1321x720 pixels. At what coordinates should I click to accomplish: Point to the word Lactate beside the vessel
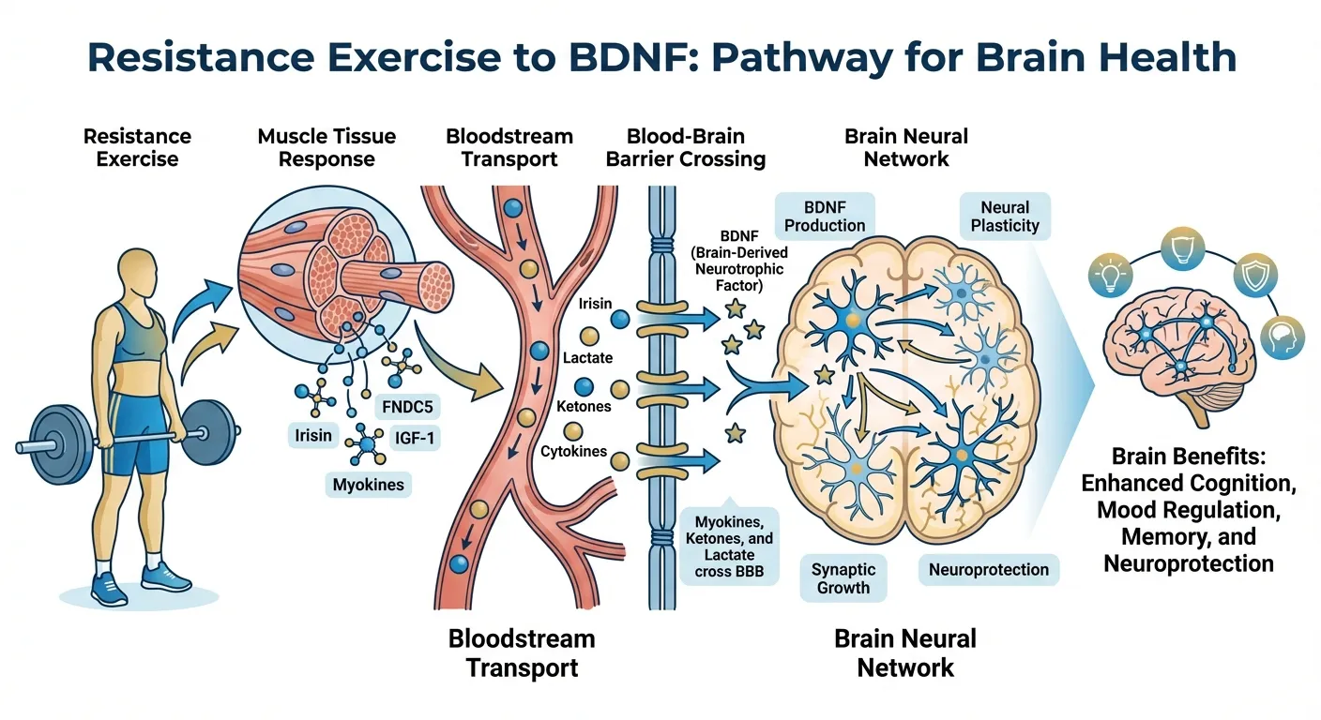[x=587, y=357]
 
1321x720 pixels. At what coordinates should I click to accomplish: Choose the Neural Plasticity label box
[x=1005, y=217]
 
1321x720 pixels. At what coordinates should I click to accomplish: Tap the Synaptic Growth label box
[x=843, y=577]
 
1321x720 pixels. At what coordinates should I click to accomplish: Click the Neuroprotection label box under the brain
[x=988, y=569]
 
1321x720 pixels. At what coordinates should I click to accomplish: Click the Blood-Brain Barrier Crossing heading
[x=685, y=147]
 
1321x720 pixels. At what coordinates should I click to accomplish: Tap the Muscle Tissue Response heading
[x=326, y=147]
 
